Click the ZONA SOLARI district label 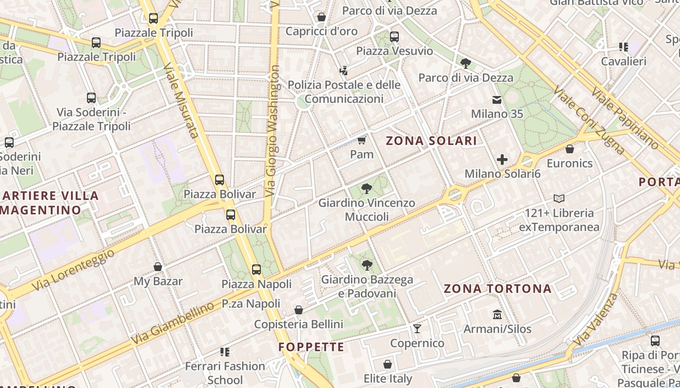431,141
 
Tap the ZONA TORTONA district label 498,289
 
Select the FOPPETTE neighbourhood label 311,347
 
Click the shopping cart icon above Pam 361,140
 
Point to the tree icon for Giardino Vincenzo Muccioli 367,188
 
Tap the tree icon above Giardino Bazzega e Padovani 367,265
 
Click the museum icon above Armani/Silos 497,315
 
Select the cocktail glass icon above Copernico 417,329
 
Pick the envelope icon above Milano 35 497,100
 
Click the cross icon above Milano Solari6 502,159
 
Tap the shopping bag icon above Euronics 570,149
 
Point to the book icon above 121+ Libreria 559,198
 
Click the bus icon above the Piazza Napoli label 256,270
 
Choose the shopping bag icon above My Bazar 158,267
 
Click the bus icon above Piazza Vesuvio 394,36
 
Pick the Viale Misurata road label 180,99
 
